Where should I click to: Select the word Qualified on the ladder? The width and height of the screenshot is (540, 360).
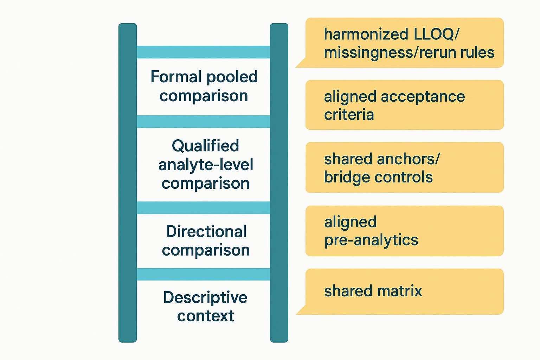(x=205, y=146)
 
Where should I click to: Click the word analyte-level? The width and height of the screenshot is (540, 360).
(x=206, y=165)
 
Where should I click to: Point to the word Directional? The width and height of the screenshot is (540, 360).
(x=206, y=232)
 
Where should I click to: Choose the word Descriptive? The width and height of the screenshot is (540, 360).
(x=205, y=297)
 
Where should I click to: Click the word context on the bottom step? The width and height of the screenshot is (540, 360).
(x=205, y=316)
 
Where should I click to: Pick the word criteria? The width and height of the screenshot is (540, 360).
(x=349, y=115)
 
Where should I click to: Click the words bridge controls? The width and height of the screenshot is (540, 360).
(x=378, y=177)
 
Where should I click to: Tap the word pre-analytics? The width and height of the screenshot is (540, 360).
(x=371, y=240)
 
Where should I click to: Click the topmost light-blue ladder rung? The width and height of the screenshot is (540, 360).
(x=203, y=52)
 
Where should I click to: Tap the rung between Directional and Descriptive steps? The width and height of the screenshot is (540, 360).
(x=203, y=274)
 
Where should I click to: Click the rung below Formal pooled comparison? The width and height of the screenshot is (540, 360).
(x=203, y=122)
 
